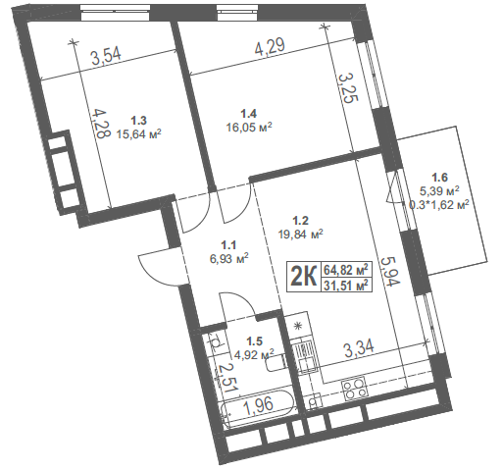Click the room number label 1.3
(138, 121)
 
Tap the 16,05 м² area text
(249, 127)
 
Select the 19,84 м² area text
(301, 234)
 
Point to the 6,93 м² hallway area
(228, 259)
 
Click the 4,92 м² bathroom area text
(255, 354)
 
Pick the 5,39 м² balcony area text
(439, 191)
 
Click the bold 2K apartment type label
(304, 277)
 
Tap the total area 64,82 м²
(346, 270)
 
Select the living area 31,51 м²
(346, 286)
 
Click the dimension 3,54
(106, 56)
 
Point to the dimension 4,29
(270, 46)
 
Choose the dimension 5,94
(389, 272)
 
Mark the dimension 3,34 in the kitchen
(359, 348)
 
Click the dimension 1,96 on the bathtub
(259, 405)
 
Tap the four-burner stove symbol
(355, 388)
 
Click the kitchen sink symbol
(305, 356)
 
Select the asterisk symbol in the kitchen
(297, 326)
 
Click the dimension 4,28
(98, 124)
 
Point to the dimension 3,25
(348, 87)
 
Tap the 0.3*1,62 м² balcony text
(439, 205)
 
